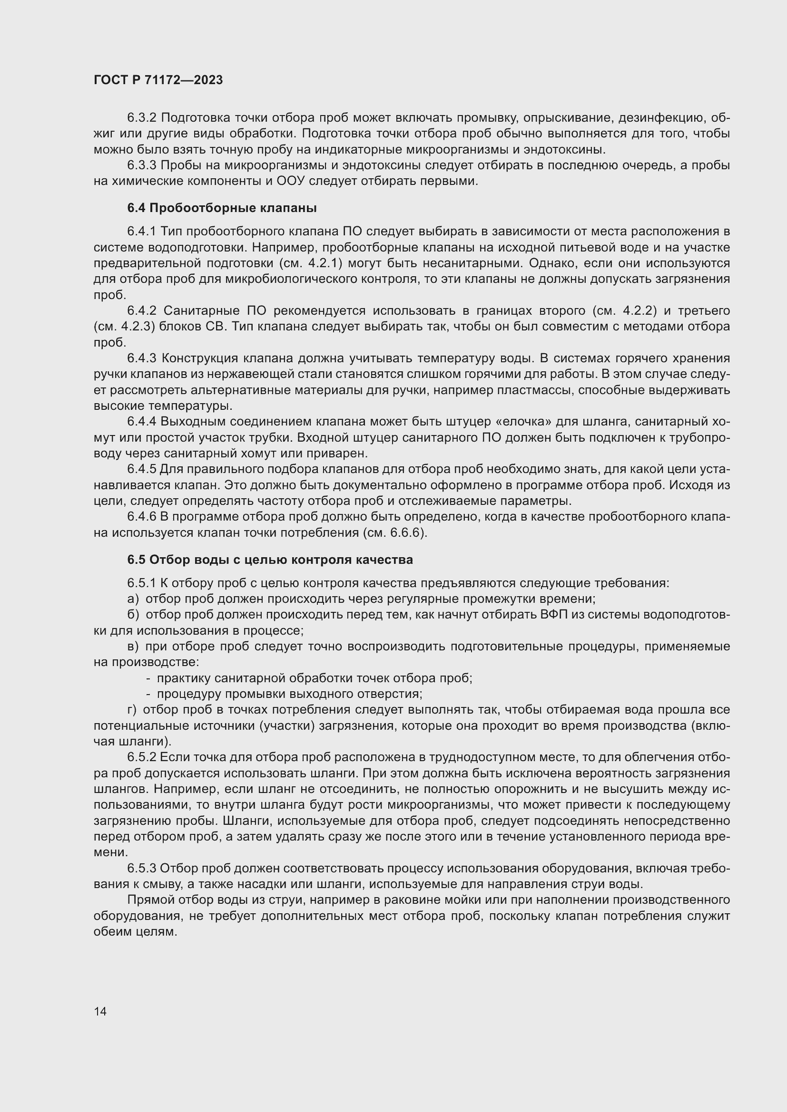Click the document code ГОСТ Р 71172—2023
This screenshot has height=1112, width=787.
[x=158, y=80]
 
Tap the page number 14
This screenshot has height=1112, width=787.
[x=100, y=1011]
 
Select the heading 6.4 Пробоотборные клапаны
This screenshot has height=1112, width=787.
[x=222, y=208]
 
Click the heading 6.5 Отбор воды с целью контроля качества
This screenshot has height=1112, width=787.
[x=270, y=560]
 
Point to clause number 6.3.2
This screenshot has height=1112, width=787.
[x=141, y=118]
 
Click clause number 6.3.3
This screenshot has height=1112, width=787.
[x=141, y=165]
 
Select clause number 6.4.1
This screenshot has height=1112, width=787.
[x=141, y=232]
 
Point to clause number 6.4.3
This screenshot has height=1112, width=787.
[x=141, y=358]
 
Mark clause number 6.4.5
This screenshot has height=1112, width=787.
[x=141, y=469]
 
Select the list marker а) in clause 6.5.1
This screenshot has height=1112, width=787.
[x=133, y=599]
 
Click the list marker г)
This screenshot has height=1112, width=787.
[x=132, y=710]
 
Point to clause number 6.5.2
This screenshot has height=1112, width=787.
[x=141, y=757]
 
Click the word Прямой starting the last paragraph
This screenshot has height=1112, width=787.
[x=151, y=900]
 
